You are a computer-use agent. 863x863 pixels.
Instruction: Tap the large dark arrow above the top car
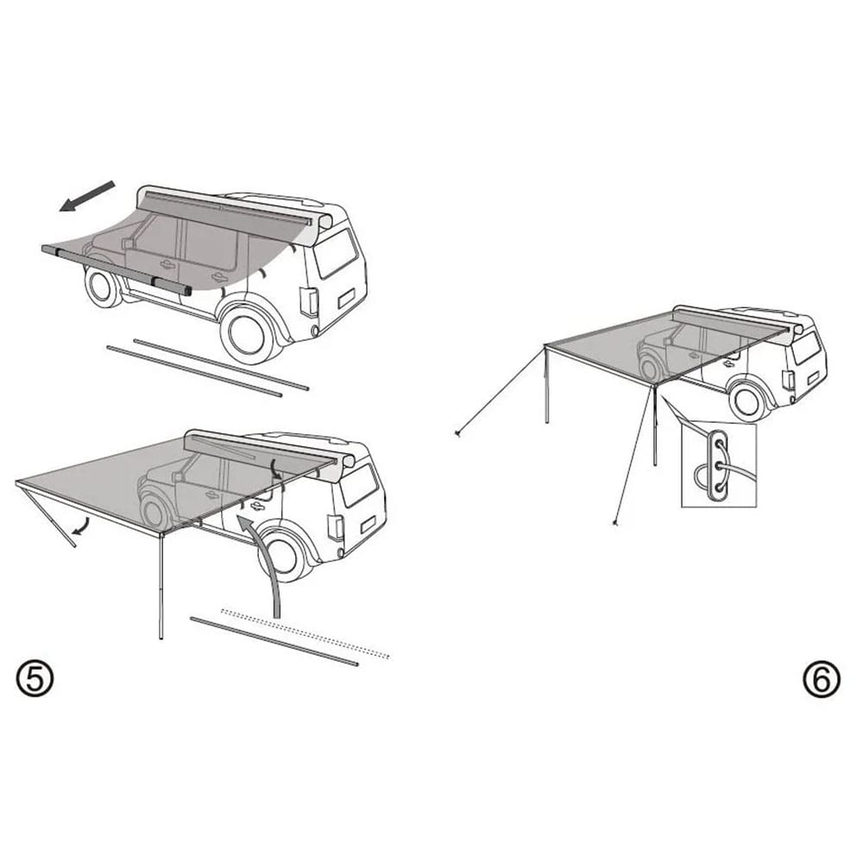[87, 196]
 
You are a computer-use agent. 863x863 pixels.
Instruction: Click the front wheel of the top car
[103, 287]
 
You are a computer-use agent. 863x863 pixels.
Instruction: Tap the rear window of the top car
[336, 253]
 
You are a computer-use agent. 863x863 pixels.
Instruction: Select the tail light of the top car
[309, 301]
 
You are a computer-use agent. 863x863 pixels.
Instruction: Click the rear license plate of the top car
[347, 299]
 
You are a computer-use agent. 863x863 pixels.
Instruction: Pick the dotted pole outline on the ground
[306, 633]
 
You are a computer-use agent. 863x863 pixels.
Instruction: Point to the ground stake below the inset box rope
[615, 523]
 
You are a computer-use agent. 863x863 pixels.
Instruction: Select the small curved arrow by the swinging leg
[80, 526]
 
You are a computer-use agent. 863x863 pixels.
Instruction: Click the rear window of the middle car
[359, 485]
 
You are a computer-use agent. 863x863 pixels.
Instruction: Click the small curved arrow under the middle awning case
[276, 470]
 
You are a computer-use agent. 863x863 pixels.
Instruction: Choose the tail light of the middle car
[335, 526]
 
